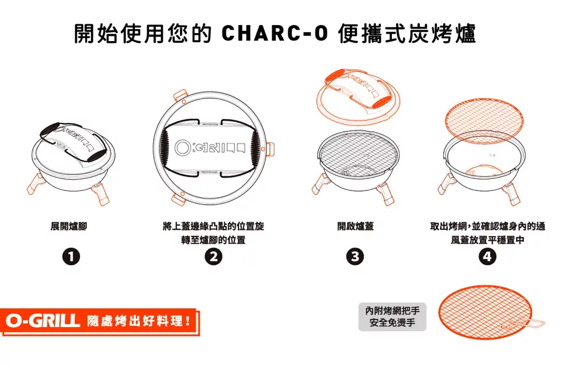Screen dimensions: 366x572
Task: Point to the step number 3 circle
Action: click(355, 257)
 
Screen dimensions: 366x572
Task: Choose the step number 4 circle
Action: click(487, 257)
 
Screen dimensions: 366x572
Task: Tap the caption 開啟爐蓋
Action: click(355, 226)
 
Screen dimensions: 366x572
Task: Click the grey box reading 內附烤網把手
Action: click(392, 317)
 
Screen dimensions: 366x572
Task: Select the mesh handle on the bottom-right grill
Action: click(529, 327)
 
